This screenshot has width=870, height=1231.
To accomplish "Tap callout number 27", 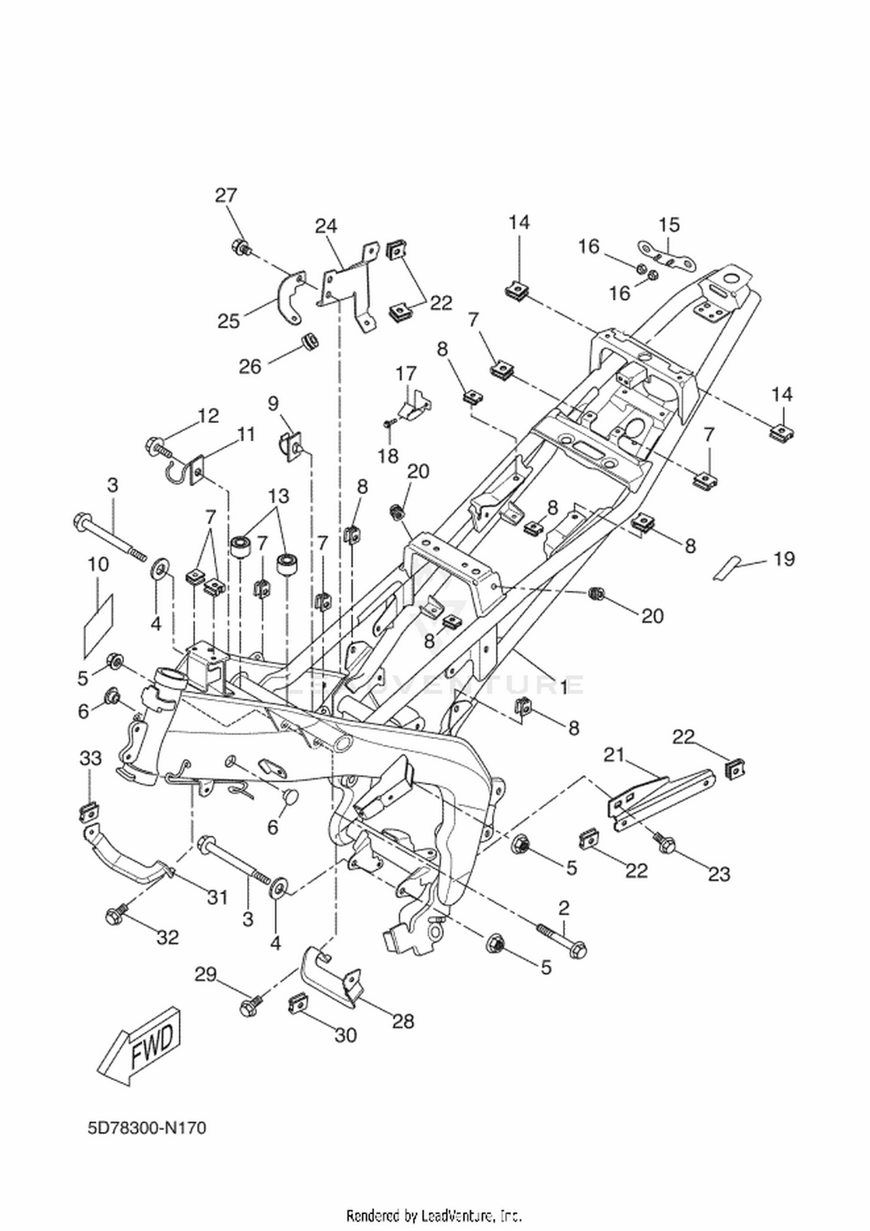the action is pos(226,195).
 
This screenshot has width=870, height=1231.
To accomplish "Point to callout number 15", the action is pos(669,225).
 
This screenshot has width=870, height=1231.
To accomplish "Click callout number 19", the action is pos(784,559).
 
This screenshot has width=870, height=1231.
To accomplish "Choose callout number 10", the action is pos(98,563).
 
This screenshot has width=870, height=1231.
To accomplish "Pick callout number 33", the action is pos(90,758).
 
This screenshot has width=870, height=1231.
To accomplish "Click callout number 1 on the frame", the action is pos(562,687).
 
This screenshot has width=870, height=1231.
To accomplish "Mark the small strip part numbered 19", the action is pos(727,567).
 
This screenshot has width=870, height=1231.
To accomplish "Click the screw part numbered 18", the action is pos(389,423).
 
